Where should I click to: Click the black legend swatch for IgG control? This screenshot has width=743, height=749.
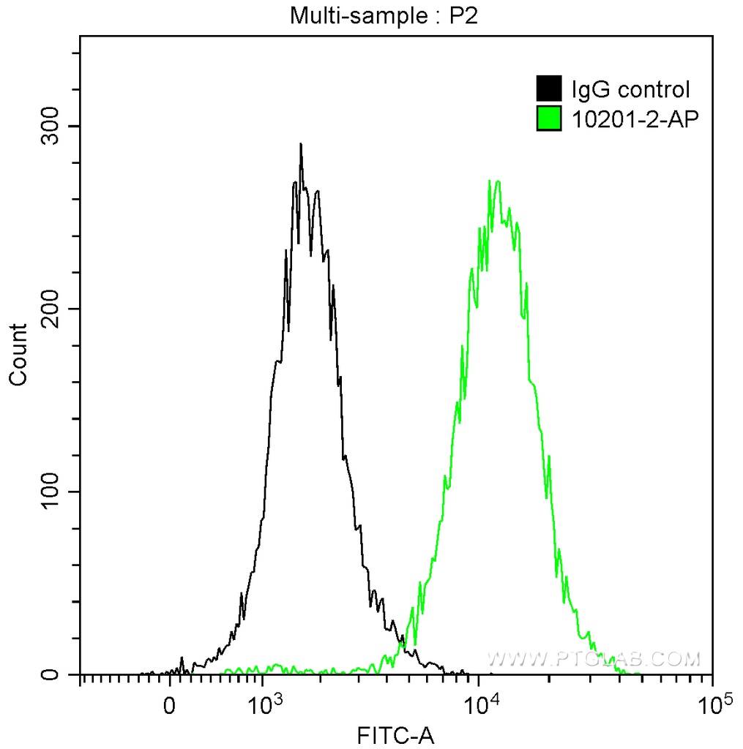click(x=549, y=89)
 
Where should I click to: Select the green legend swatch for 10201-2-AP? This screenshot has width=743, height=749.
click(x=549, y=117)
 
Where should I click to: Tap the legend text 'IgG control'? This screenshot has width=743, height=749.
click(x=630, y=90)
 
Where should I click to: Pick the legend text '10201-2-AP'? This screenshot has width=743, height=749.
click(x=631, y=118)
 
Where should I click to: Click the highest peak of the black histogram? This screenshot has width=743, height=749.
click(x=300, y=144)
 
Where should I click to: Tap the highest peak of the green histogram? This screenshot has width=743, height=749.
click(x=497, y=181)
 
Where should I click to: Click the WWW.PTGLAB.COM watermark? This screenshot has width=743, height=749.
click(x=594, y=659)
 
